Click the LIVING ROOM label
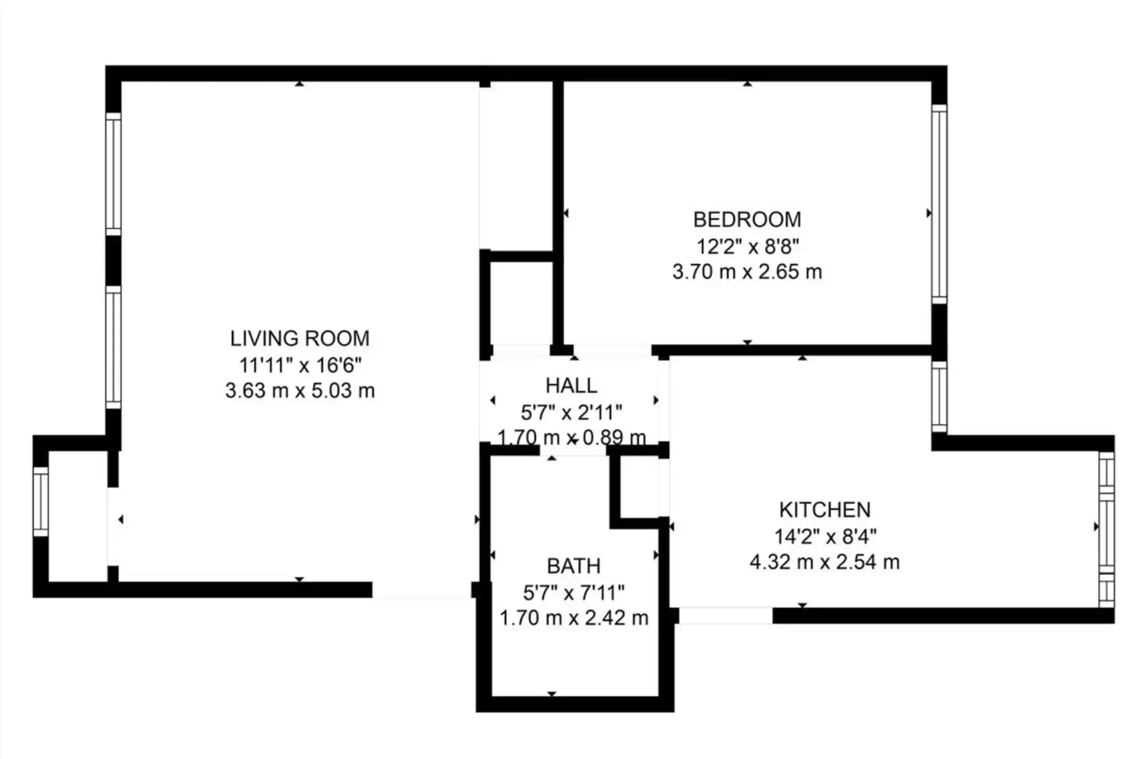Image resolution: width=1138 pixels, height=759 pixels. [300, 338]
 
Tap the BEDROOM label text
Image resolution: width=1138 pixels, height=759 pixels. [747, 220]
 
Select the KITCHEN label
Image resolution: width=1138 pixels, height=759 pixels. [825, 510]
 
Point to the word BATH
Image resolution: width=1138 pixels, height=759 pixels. [574, 566]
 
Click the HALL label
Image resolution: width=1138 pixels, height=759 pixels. [571, 386]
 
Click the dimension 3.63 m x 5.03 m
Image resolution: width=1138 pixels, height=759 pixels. [300, 391]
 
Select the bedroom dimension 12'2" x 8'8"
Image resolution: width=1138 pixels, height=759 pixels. [748, 246]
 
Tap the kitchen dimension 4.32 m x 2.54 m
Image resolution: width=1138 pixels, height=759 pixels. [825, 562]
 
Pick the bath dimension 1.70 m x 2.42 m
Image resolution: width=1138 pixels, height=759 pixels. [574, 618]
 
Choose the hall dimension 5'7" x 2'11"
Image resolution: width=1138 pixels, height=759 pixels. [572, 412]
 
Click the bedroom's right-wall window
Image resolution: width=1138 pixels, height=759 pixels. [939, 205]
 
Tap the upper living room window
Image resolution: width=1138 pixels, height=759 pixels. [113, 174]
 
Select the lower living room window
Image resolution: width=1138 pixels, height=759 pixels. [113, 347]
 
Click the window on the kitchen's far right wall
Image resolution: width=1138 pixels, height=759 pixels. [1106, 530]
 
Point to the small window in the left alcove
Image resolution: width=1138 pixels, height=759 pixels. [41, 502]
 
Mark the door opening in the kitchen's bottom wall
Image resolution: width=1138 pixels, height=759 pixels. [725, 616]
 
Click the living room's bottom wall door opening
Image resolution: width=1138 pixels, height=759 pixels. [421, 590]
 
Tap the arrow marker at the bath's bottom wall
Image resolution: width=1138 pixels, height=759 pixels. [552, 694]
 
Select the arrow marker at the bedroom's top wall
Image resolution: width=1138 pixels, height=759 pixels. [747, 84]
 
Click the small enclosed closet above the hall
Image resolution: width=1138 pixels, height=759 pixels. [522, 303]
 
